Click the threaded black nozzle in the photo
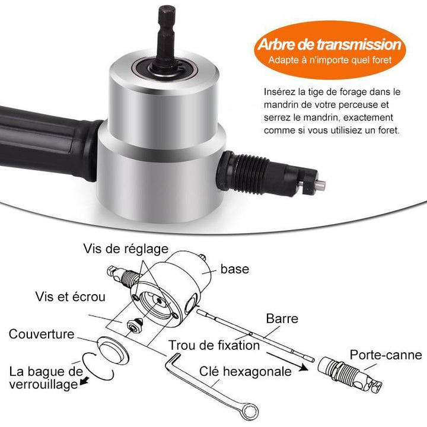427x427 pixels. tap(268, 174)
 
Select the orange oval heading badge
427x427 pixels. tap(330, 50)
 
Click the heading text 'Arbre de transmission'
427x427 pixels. tap(330, 44)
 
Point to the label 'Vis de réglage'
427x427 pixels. tap(126, 249)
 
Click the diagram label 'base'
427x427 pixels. tap(235, 269)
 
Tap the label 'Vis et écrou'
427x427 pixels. tap(70, 297)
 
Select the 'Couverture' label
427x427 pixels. tap(42, 334)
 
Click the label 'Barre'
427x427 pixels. tap(282, 318)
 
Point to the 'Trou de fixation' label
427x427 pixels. tap(214, 345)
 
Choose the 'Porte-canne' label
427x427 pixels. tap(385, 355)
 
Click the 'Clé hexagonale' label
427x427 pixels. tap(246, 371)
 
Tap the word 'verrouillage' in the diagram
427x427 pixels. tap(43, 384)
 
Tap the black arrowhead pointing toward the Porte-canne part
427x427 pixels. tap(304, 368)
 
